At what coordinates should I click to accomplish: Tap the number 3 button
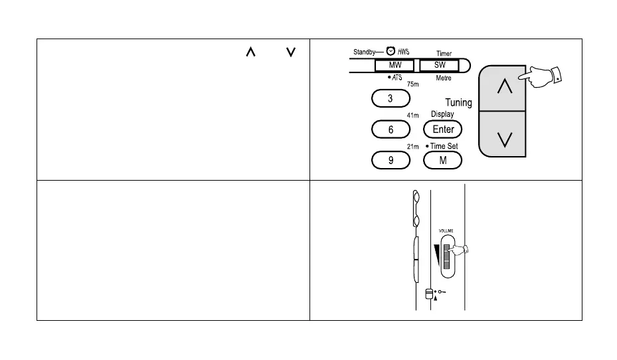tap(391, 98)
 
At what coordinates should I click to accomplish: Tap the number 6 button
tap(391, 130)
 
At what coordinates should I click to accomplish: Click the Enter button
tap(443, 129)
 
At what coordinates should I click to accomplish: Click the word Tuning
tap(458, 102)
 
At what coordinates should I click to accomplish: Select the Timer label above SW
tap(443, 52)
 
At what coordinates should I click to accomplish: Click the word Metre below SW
tap(443, 78)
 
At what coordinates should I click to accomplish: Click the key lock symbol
tap(440, 291)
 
